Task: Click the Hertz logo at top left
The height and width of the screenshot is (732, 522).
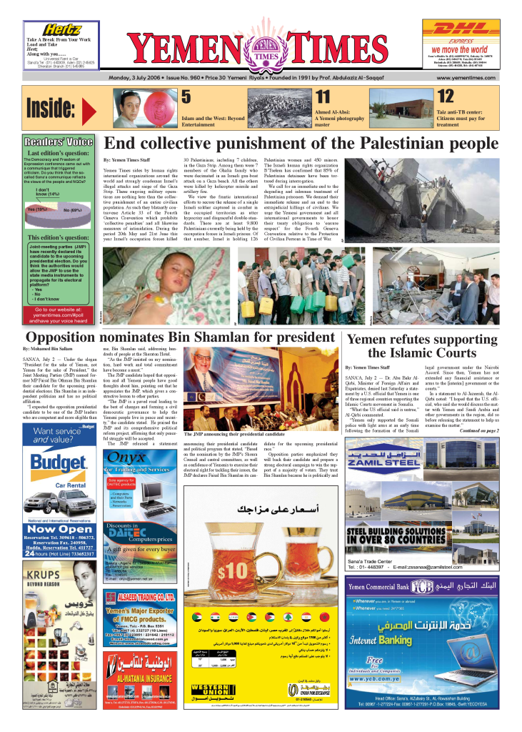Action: click(61, 29)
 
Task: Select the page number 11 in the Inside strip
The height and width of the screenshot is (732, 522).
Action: click(323, 97)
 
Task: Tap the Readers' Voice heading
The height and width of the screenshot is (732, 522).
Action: click(59, 142)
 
